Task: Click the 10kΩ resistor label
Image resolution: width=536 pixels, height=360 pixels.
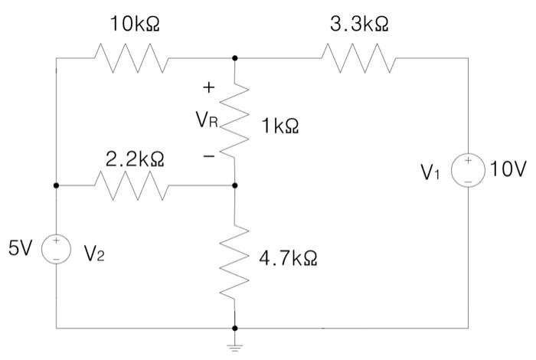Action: click(x=135, y=25)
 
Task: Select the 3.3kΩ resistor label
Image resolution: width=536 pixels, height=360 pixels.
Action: click(x=359, y=25)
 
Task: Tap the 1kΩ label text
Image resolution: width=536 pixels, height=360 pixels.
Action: click(x=280, y=126)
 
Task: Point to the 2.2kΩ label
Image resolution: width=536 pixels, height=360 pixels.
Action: click(x=135, y=159)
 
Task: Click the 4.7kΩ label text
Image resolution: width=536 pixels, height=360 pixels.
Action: click(x=288, y=258)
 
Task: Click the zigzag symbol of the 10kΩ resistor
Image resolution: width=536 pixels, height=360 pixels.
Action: click(x=132, y=58)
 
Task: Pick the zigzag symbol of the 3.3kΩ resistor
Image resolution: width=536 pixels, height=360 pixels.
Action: click(x=359, y=58)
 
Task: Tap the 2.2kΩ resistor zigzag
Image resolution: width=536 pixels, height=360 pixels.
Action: click(x=132, y=185)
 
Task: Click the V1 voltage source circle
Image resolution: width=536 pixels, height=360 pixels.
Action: click(x=468, y=170)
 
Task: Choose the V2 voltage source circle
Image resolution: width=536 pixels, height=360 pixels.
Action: click(x=57, y=249)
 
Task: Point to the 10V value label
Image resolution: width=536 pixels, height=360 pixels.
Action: click(x=508, y=169)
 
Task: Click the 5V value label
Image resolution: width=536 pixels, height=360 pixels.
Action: click(x=21, y=248)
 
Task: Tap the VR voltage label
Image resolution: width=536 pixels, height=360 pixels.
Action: click(x=207, y=120)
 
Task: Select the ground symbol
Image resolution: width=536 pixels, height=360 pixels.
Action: click(x=234, y=348)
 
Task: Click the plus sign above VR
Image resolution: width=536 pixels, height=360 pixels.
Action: click(x=208, y=87)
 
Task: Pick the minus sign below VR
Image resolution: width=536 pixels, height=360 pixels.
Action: click(x=209, y=156)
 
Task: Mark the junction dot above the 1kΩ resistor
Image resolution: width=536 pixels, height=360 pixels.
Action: click(x=234, y=58)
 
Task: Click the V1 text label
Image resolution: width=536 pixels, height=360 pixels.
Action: click(x=430, y=172)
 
